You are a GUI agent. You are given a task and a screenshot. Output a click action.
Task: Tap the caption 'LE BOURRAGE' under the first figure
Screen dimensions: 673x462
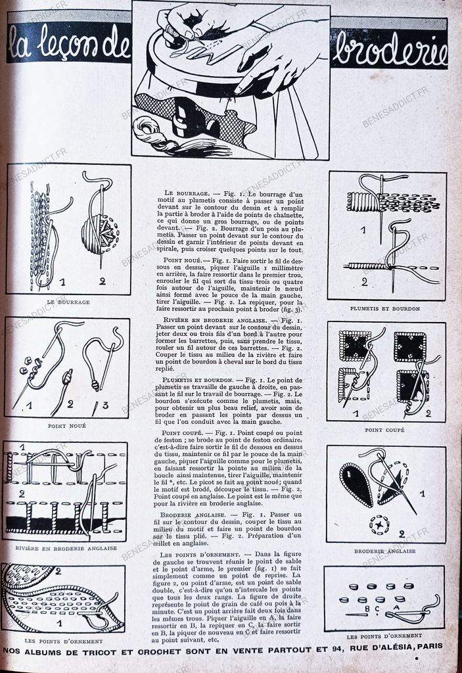pyautogui.click(x=68, y=302)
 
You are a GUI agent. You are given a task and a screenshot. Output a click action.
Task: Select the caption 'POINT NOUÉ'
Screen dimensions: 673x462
pyautogui.click(x=67, y=426)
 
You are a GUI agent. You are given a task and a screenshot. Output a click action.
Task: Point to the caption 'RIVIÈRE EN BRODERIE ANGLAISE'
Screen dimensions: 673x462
pyautogui.click(x=66, y=547)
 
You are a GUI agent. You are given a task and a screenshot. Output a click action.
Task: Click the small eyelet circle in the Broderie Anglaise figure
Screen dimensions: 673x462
pyautogui.click(x=379, y=524)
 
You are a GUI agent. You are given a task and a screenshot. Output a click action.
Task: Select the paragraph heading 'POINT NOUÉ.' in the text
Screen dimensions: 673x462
pyautogui.click(x=183, y=261)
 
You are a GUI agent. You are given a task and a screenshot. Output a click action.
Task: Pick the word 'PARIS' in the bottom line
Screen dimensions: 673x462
pyautogui.click(x=428, y=646)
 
